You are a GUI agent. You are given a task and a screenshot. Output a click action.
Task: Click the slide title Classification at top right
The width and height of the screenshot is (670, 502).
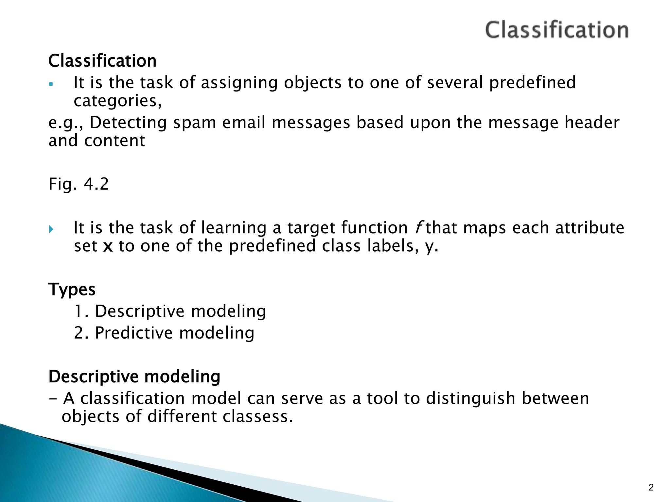point(556,30)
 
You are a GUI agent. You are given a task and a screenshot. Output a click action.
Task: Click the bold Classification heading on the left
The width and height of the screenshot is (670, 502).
point(102,61)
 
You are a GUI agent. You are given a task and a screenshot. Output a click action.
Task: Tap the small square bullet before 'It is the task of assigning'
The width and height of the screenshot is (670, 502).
point(50,84)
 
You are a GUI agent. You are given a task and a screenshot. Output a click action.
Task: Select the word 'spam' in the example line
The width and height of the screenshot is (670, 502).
point(194,123)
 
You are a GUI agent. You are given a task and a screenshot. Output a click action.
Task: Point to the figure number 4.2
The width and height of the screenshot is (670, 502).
point(96,184)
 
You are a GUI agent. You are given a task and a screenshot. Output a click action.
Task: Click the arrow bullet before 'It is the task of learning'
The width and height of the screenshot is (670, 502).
point(51,229)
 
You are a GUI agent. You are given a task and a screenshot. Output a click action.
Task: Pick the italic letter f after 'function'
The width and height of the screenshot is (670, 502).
point(417,227)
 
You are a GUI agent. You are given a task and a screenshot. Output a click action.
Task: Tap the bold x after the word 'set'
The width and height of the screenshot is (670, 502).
point(108,246)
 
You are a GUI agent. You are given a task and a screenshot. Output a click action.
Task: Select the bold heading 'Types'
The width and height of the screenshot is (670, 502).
point(72,290)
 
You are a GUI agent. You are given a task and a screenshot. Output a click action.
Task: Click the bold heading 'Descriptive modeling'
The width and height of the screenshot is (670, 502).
point(134,376)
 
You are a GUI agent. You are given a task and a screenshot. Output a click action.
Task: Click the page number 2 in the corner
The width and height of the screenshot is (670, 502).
point(651,488)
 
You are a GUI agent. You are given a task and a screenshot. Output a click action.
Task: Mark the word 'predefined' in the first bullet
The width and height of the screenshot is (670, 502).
point(532,82)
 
